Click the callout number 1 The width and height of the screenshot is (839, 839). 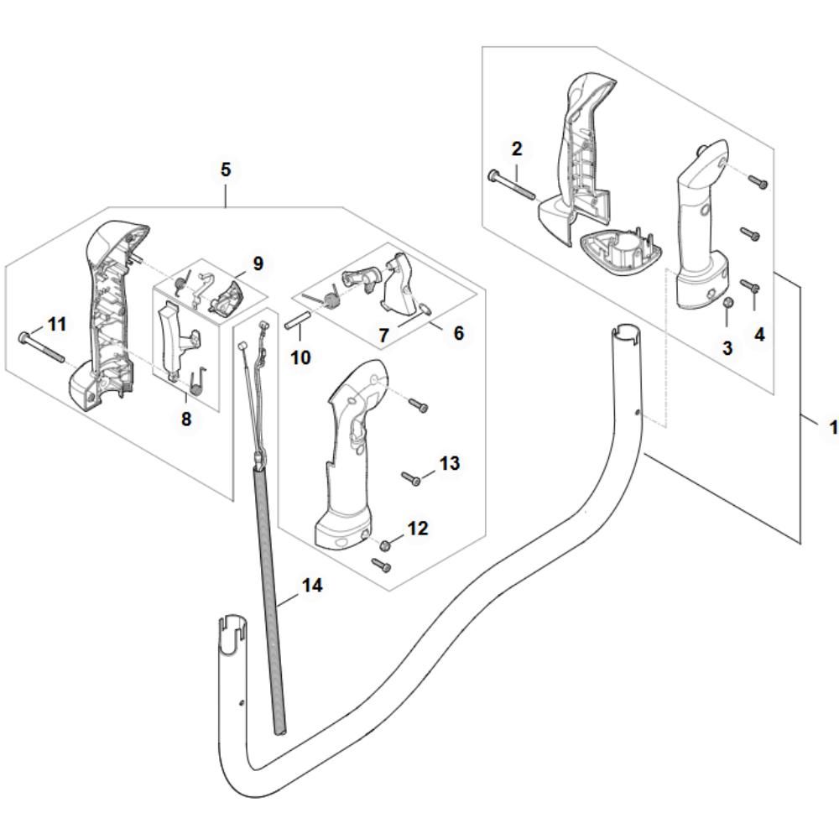pos(833,428)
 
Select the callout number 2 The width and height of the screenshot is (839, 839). pos(516,149)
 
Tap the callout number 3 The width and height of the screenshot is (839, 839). pos(727,348)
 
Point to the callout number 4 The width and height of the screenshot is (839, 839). pos(760,335)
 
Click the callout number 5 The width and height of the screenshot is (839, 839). pos(226,169)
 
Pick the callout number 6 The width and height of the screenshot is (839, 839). pos(459,333)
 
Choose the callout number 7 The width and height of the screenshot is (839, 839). pos(383,336)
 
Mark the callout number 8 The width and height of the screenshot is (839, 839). pos(186,419)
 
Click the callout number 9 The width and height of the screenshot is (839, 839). pos(258,263)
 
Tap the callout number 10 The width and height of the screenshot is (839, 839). pos(300,357)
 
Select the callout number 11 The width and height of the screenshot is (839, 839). pos(57,324)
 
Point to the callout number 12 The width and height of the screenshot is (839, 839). pos(418,528)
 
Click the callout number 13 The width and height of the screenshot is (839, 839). pos(450,463)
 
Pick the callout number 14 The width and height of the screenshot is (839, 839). pos(312,585)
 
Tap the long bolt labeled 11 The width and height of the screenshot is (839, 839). pos(42,347)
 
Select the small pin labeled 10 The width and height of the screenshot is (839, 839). pos(298,318)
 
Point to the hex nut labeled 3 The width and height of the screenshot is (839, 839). pos(727,304)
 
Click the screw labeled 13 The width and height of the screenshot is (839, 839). pos(411,478)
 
